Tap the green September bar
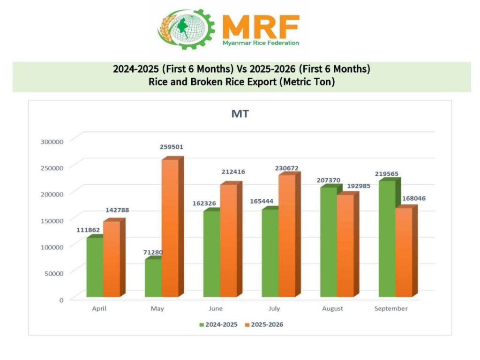(x=387, y=239)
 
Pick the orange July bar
(x=286, y=235)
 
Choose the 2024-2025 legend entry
(x=218, y=324)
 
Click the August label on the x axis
(x=332, y=309)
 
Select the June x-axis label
(x=216, y=309)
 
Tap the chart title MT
(x=240, y=114)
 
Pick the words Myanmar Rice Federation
(x=260, y=43)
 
